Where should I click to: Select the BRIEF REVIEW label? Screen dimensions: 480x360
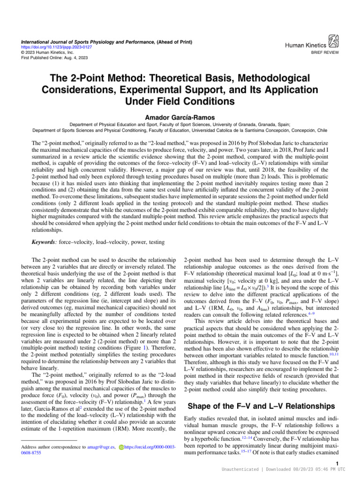tap(327, 54)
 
